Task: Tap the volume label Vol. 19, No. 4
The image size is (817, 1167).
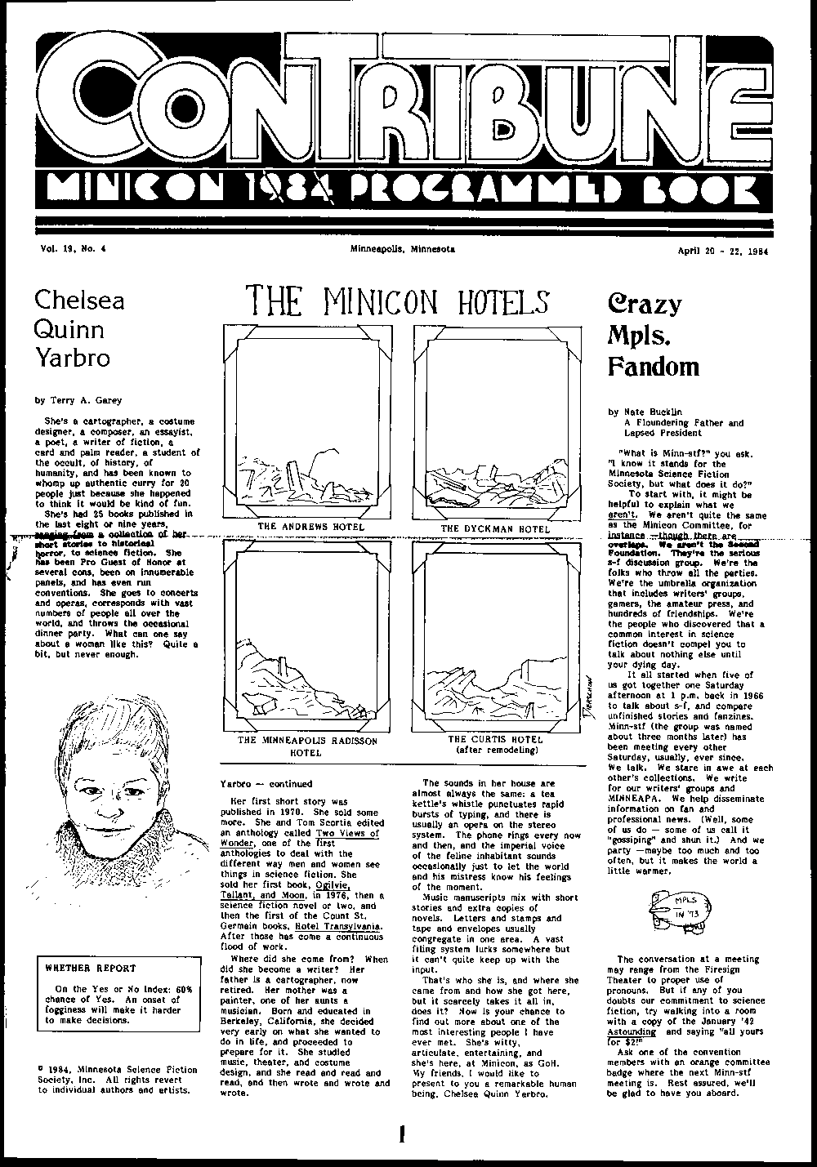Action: point(73,249)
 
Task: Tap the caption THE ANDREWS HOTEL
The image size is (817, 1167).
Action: point(311,527)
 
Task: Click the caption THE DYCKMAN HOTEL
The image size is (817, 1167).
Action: point(495,528)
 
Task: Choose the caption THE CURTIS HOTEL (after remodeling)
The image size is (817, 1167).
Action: point(495,743)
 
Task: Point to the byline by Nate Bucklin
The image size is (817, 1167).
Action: point(645,412)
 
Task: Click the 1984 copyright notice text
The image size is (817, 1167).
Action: point(114,1079)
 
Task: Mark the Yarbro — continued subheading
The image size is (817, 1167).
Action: point(266,783)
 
